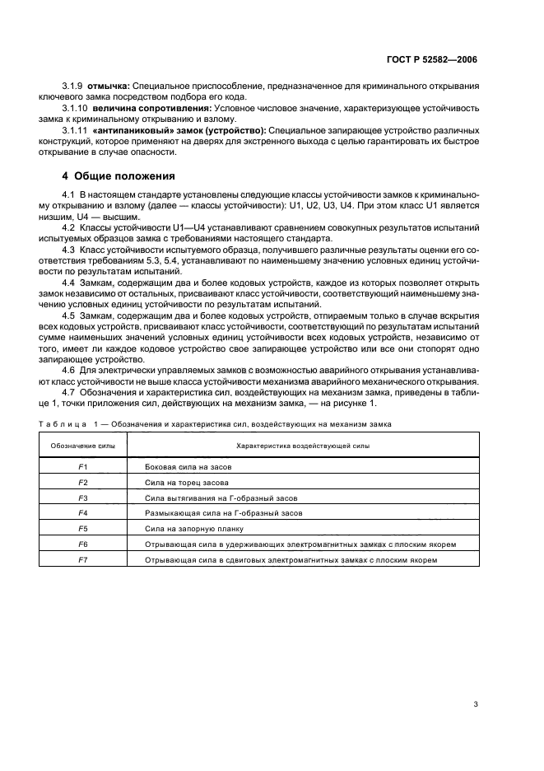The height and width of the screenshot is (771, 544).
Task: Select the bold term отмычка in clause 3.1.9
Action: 110,86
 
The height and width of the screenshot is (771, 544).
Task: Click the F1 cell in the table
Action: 82,466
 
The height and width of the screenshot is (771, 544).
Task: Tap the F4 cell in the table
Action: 82,513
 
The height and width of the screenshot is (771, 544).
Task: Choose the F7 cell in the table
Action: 82,560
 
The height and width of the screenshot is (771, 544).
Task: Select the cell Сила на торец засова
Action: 186,482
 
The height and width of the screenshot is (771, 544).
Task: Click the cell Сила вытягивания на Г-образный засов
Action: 220,498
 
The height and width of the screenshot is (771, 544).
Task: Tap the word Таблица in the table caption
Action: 62,423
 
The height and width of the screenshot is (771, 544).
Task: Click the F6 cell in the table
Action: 82,544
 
